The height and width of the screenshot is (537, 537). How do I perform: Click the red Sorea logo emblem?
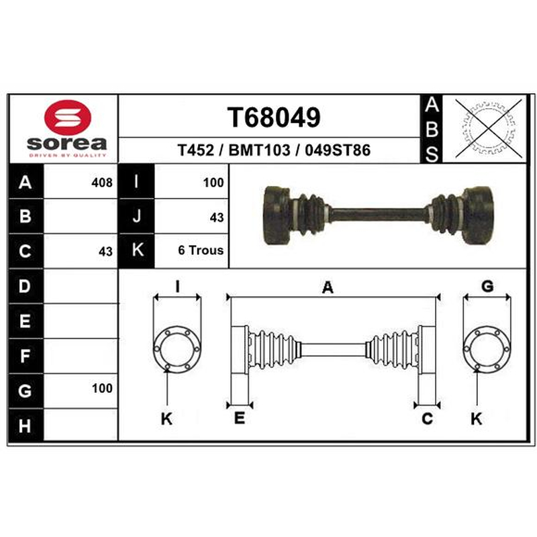click(x=68, y=117)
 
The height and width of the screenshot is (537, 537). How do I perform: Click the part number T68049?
click(x=274, y=117)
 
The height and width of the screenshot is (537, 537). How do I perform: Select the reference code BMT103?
click(x=259, y=150)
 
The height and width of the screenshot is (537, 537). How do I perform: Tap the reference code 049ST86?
click(x=338, y=150)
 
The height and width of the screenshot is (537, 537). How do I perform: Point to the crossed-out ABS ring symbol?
click(x=488, y=128)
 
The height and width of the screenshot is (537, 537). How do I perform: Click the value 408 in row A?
click(x=102, y=183)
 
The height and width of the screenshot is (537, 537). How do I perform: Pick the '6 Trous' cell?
click(x=201, y=250)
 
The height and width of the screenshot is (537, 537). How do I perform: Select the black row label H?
click(x=25, y=426)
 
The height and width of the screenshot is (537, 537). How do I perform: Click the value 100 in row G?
click(x=102, y=389)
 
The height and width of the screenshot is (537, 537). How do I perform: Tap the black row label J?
click(x=137, y=216)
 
